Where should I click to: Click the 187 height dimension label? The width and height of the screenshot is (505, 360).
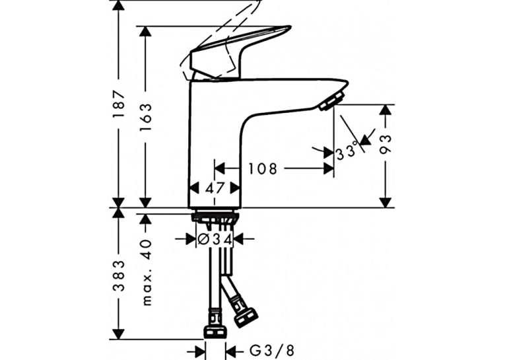tap(119, 104)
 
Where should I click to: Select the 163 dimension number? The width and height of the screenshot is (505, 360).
tap(146, 117)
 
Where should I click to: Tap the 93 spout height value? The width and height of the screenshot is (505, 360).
tap(386, 145)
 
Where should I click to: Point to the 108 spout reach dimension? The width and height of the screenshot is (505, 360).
tap(262, 168)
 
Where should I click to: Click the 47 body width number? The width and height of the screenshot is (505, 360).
tap(215, 188)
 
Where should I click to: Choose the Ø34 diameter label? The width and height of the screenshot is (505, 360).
tap(215, 239)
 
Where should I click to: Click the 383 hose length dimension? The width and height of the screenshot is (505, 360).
tap(119, 275)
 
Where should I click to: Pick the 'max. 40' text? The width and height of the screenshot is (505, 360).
tap(147, 271)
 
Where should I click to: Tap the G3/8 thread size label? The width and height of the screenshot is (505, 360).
tap(272, 350)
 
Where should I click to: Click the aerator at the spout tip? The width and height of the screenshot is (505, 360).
tap(331, 101)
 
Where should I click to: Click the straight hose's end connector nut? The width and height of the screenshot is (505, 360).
tap(215, 333)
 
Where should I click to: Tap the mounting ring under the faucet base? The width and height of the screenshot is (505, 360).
tap(215, 217)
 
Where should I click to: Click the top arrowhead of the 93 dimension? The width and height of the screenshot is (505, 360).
tap(386, 110)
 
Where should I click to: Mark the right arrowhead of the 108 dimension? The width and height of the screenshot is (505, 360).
tap(328, 168)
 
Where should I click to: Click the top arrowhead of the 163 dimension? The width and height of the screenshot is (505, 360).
tap(146, 32)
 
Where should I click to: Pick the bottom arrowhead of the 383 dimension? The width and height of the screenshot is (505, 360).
tap(119, 334)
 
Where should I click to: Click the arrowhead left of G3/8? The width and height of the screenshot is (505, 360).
tap(200, 350)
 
